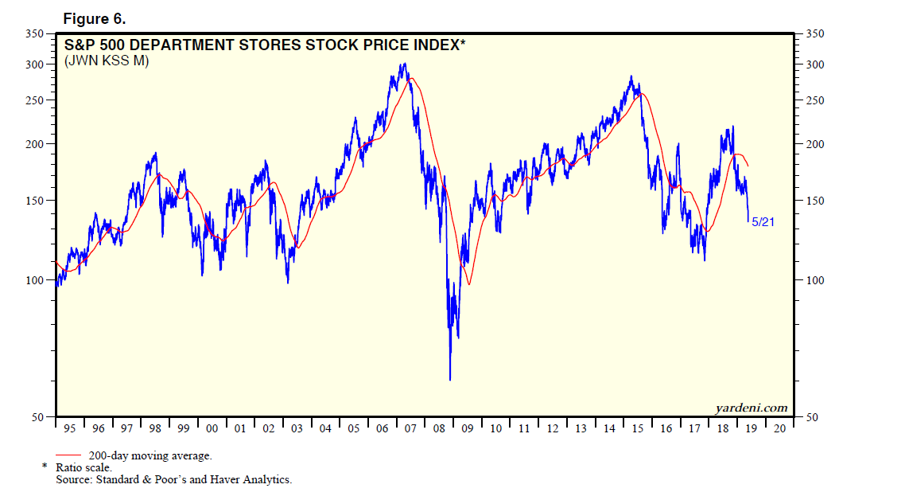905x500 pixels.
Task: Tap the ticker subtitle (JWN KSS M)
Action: [106, 61]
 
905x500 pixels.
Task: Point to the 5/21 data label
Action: [762, 222]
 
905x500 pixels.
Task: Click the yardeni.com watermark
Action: [751, 408]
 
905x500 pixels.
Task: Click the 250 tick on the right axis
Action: [815, 100]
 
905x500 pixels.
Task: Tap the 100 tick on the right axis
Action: [815, 280]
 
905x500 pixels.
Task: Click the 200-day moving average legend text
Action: [150, 455]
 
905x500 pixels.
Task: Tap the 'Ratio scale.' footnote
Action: [84, 468]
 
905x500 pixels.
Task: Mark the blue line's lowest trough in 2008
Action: [450, 380]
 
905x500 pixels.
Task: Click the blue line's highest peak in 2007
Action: [405, 64]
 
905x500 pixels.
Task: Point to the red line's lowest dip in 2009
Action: [469, 284]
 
